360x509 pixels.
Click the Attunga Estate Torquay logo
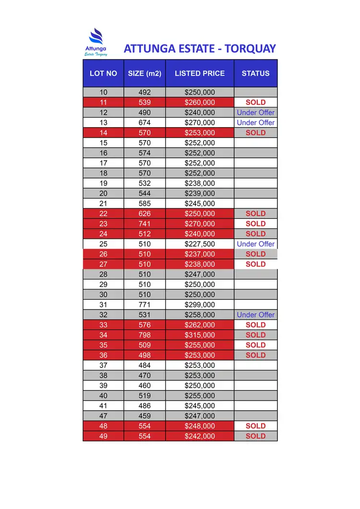coord(96,42)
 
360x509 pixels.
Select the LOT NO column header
coord(103,73)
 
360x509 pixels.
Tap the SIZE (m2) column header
coord(144,73)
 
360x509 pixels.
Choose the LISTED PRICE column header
coord(200,73)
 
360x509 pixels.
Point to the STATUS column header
coord(255,73)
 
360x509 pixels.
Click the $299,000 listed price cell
coord(200,305)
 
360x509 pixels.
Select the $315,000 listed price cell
coord(200,335)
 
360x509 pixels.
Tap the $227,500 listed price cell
coord(200,244)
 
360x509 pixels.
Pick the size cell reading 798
coord(144,335)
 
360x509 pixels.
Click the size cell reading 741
coord(144,224)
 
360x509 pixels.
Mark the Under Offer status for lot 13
coord(256,122)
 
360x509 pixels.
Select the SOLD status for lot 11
coord(255,102)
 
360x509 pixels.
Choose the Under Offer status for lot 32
coord(256,315)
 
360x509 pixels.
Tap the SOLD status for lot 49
coord(255,436)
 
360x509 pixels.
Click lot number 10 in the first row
coord(103,92)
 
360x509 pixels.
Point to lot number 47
coord(103,416)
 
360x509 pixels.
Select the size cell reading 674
coord(144,122)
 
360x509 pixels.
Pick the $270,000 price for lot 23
coord(200,224)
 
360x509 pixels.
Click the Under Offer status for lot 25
coord(256,244)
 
